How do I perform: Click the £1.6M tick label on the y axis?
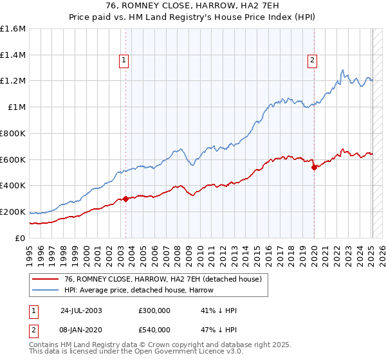point(14,29)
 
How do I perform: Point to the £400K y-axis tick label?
point(13,186)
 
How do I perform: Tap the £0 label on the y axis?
point(21,238)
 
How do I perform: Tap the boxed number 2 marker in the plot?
point(312,61)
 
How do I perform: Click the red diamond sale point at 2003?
point(126,199)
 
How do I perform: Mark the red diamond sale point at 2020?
point(314,167)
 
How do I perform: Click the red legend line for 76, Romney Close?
point(45,280)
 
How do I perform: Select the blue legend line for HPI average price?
point(45,290)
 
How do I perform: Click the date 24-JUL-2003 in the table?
point(81,310)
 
